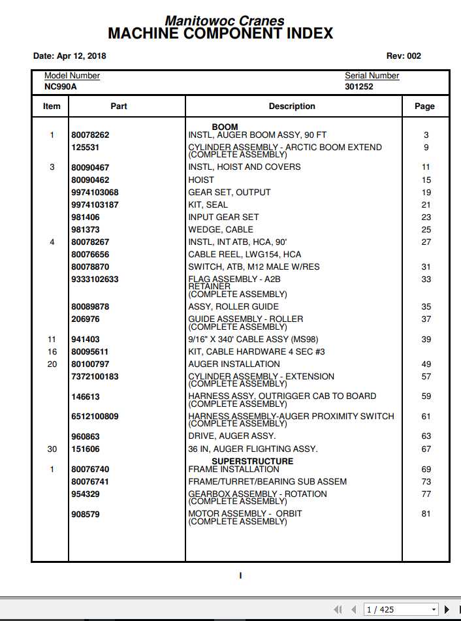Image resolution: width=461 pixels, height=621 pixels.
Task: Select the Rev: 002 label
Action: [404, 56]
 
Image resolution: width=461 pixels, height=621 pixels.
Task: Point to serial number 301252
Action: [359, 86]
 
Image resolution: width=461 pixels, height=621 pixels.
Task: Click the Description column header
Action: [292, 106]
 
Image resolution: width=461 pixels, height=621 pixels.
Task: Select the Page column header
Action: [424, 106]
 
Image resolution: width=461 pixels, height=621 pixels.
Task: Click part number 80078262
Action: [90, 135]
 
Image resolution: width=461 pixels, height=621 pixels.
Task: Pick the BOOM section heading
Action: [225, 127]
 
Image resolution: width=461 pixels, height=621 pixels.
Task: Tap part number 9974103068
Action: [95, 193]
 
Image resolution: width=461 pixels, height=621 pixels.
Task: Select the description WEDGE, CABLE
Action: [221, 230]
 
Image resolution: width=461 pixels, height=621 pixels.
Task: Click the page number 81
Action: [426, 514]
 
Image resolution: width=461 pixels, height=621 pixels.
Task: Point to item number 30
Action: [52, 449]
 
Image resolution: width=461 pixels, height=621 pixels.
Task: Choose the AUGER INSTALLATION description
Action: [234, 364]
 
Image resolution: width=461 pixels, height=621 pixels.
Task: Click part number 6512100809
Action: [95, 417]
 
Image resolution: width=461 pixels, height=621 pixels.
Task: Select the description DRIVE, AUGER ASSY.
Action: [232, 436]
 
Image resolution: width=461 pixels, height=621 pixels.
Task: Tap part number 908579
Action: [86, 515]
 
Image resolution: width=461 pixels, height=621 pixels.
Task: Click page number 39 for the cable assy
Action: [426, 340]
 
